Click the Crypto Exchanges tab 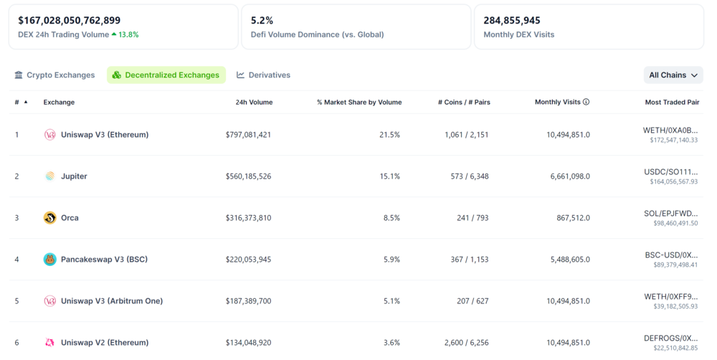[54, 75]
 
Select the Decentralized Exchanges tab [166, 75]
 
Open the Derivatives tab [263, 75]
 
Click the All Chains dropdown [673, 75]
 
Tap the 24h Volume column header [254, 103]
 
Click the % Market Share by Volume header [358, 103]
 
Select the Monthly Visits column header [557, 103]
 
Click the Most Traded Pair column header [672, 103]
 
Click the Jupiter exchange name [74, 176]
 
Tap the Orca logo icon [49, 218]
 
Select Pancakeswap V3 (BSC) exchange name [104, 260]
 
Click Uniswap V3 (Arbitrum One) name [111, 301]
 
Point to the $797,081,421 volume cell [248, 135]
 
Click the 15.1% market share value [389, 176]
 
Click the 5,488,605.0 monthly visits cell [570, 260]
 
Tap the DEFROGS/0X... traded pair [671, 338]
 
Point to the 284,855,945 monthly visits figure [512, 21]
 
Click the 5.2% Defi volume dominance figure [262, 21]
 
